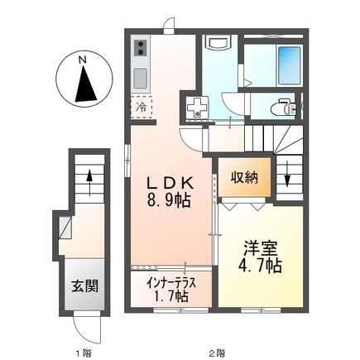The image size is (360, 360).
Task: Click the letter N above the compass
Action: click(83, 59)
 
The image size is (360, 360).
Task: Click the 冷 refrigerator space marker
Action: click(141, 108)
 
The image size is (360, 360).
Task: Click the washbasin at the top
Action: click(216, 45)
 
